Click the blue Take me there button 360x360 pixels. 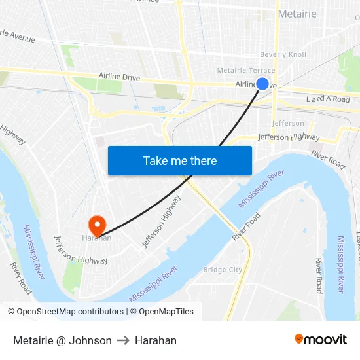(x=180, y=160)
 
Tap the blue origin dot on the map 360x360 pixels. (x=262, y=84)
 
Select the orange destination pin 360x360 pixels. (x=98, y=225)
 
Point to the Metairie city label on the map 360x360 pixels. (x=297, y=14)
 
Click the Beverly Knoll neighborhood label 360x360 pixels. (x=283, y=55)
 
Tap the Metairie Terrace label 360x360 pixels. (x=246, y=71)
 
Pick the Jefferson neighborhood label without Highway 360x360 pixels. (x=288, y=123)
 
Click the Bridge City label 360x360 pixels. (x=223, y=270)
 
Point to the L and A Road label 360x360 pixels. (x=328, y=99)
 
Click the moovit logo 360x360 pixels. (x=321, y=339)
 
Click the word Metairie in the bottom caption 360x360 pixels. (x=35, y=340)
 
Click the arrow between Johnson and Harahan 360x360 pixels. (x=123, y=340)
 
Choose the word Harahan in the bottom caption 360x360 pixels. (x=156, y=340)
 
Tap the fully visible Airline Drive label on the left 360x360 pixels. (x=119, y=77)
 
